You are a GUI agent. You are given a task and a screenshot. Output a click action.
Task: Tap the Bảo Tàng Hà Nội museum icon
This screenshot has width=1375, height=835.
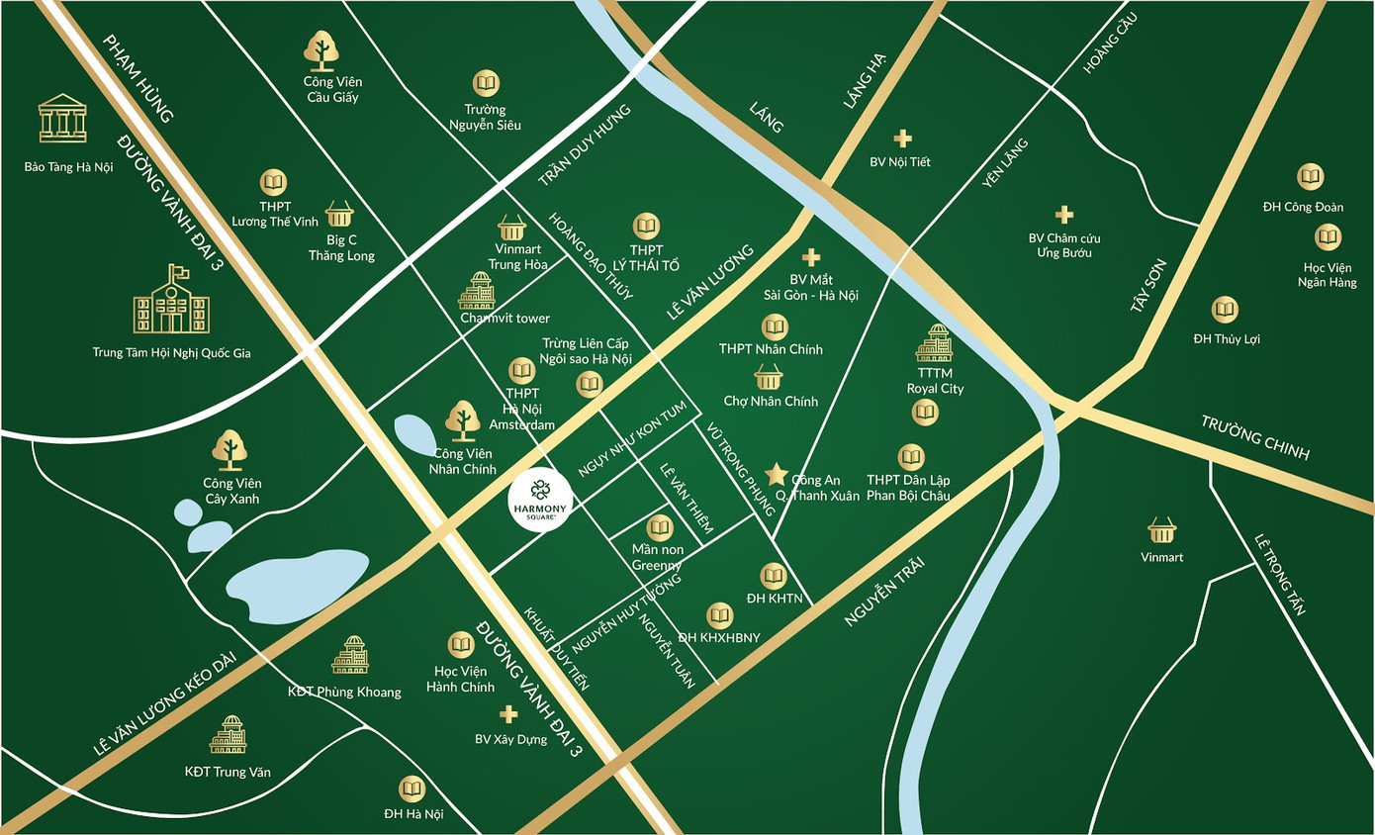coord(62,120)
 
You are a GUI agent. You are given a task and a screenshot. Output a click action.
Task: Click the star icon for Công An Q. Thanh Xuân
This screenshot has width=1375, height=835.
coord(777,474)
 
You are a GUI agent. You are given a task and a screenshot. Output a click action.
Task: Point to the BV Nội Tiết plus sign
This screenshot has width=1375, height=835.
coord(901,139)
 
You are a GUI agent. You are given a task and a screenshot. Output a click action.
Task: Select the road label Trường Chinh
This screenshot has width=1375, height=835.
coord(1255,437)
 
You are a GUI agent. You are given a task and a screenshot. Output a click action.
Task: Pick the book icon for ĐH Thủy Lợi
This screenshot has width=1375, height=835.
coord(1226,311)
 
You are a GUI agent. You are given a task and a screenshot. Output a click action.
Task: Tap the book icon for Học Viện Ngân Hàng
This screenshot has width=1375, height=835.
coord(1328,237)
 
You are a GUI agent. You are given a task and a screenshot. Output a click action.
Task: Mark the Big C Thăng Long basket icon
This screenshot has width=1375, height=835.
coord(339,214)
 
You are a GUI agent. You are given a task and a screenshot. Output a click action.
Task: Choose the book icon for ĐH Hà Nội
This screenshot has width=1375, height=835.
coord(412,789)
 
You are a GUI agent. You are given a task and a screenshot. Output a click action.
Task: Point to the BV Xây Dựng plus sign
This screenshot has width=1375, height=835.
coord(509,714)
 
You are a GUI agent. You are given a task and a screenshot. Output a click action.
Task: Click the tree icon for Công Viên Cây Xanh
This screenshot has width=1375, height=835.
coord(230,450)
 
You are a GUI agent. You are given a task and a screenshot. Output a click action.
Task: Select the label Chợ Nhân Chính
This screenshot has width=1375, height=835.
coord(771,401)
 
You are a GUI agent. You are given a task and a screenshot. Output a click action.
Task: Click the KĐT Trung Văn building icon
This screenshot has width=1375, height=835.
coord(229,735)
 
